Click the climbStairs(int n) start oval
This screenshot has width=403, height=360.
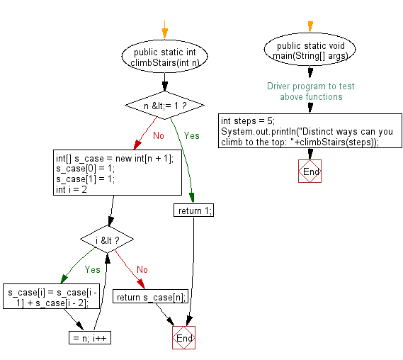point(165,57)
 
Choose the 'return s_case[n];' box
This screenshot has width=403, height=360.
point(150,297)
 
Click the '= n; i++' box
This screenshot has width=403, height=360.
point(89,337)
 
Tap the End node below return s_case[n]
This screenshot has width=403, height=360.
point(183,338)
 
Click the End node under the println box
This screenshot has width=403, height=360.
point(310,171)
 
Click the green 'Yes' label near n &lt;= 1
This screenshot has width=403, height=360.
point(192,135)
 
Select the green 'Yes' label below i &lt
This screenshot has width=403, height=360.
point(92,269)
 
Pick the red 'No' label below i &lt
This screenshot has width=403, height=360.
point(142,269)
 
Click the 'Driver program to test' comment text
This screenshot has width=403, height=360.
point(310,86)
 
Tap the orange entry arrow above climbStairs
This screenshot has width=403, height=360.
point(165,32)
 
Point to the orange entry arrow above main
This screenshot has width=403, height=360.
point(310,27)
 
